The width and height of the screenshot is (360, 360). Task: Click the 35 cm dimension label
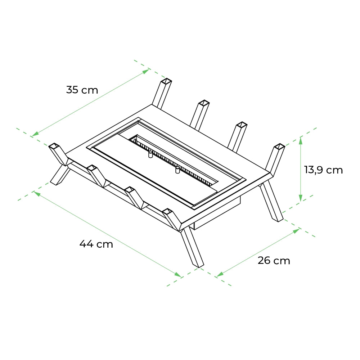click(x=82, y=90)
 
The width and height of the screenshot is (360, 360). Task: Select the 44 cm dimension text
click(x=96, y=244)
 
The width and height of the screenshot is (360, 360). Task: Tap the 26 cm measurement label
click(x=274, y=261)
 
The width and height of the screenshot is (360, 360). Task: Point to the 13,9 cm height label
click(x=323, y=170)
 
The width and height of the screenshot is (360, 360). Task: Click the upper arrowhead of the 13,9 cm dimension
click(x=301, y=140)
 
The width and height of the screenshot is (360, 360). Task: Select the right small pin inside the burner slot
click(x=177, y=169)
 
